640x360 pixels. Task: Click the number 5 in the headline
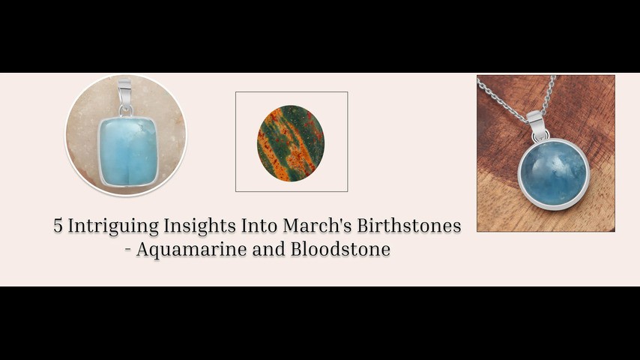pyautogui.click(x=58, y=226)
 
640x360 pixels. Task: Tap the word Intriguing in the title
pyautogui.click(x=113, y=226)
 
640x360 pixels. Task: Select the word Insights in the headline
pyautogui.click(x=200, y=226)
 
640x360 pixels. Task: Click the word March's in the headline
pyautogui.click(x=318, y=226)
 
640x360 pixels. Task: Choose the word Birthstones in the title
pyautogui.click(x=409, y=226)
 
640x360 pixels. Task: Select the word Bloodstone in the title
pyautogui.click(x=340, y=249)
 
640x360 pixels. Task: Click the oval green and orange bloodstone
pyautogui.click(x=291, y=143)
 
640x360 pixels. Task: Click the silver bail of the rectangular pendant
pyautogui.click(x=124, y=92)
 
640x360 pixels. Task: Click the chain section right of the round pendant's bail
pyautogui.click(x=548, y=94)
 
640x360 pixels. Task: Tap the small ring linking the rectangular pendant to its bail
pyautogui.click(x=126, y=111)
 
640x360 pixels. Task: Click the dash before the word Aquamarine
pyautogui.click(x=127, y=250)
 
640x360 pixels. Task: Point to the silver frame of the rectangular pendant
pyautogui.click(x=98, y=151)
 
